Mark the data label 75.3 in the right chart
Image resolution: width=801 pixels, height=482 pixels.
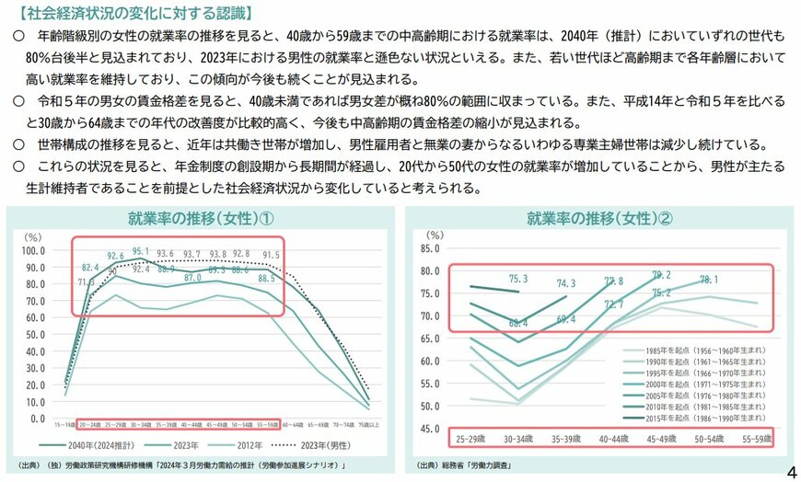[x=518, y=279]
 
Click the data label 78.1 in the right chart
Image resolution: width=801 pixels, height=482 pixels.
[x=709, y=280]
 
